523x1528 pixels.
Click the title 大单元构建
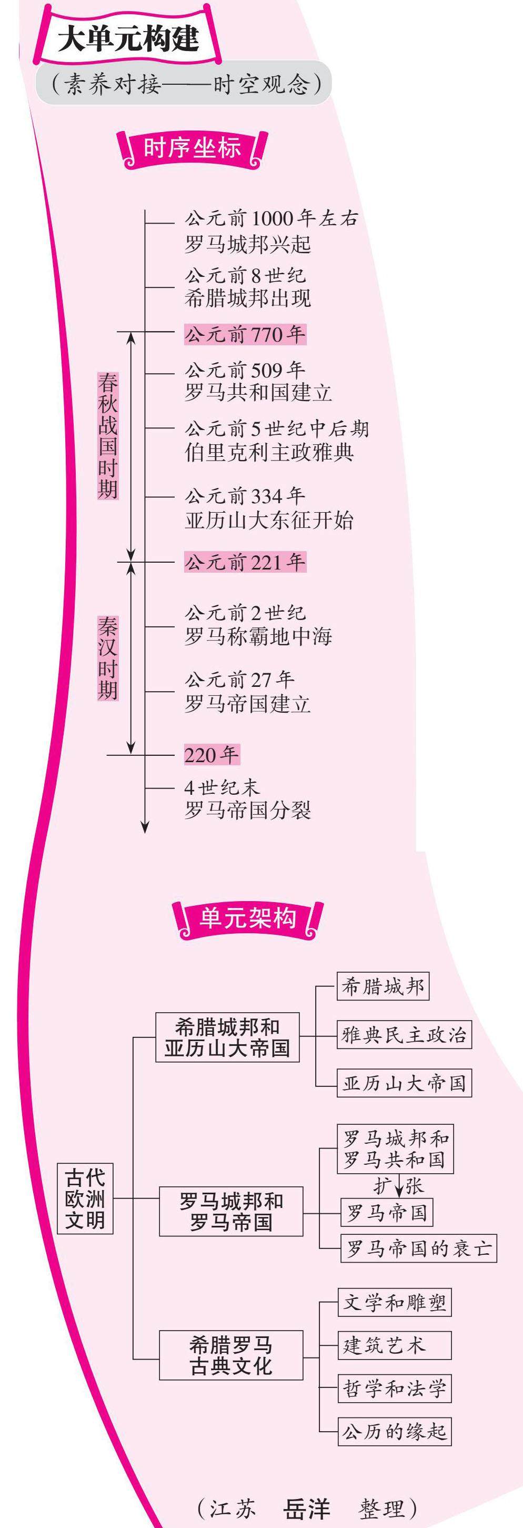point(128,39)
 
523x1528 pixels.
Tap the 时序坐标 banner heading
point(192,148)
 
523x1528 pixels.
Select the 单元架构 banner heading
point(247,919)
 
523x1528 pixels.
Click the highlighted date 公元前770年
point(245,335)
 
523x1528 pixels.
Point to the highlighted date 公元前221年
point(245,562)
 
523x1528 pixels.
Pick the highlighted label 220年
point(211,754)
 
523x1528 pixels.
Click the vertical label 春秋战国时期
point(108,436)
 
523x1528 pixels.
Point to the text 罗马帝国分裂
point(247,810)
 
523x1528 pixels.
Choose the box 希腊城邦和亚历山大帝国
point(227,1037)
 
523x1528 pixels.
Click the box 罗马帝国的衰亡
point(419,1248)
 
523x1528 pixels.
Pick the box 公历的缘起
point(394,1431)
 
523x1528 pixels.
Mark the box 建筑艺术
point(394,1345)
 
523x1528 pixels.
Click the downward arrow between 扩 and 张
point(399,1186)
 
